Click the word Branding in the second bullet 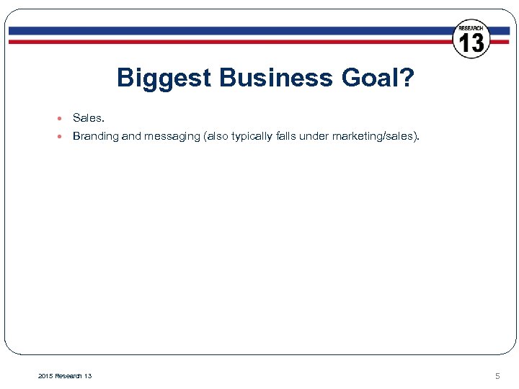95,136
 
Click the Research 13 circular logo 471,39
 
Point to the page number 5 497,375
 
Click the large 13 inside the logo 471,43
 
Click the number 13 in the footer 87,375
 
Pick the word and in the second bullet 132,136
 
